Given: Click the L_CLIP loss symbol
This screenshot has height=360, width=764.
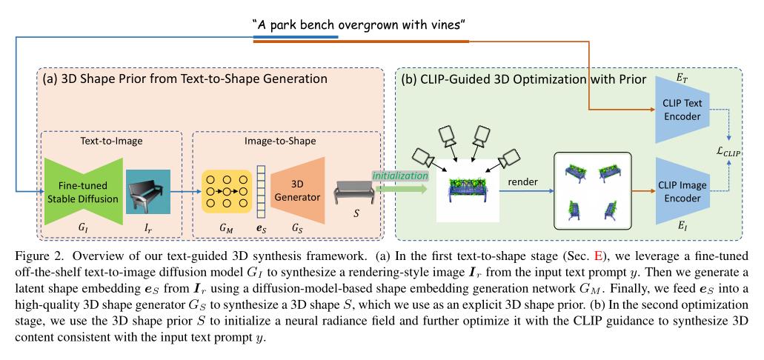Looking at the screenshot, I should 727,151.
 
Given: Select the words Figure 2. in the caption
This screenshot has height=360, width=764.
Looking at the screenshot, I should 34,259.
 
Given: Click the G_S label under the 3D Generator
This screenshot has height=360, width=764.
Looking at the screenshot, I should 297,230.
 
